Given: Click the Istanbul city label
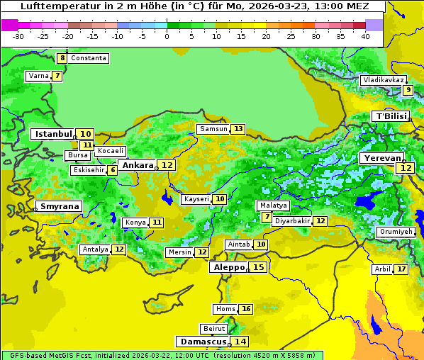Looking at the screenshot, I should click(x=53, y=134).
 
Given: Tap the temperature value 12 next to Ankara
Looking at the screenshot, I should click(x=167, y=165).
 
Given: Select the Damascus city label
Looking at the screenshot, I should click(x=203, y=342).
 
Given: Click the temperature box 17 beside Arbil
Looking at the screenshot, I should click(x=401, y=269).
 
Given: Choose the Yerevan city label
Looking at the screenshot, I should click(x=381, y=158).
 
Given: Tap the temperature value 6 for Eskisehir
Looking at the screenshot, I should click(x=112, y=170).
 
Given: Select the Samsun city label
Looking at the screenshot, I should click(x=213, y=129).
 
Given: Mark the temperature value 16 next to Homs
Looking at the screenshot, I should click(x=245, y=309).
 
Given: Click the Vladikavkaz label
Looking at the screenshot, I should click(x=383, y=80).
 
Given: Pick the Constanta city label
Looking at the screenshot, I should click(x=89, y=58).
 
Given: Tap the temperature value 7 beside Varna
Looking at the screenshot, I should click(x=57, y=76).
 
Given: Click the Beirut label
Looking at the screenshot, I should click(x=214, y=329).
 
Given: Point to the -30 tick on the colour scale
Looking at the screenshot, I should click(x=18, y=36).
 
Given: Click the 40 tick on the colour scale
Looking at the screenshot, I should click(x=365, y=36).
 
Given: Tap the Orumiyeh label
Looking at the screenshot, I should click(x=395, y=232).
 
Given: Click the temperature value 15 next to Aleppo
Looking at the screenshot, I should click(x=259, y=267).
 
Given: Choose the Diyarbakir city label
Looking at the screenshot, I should click(x=291, y=221).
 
